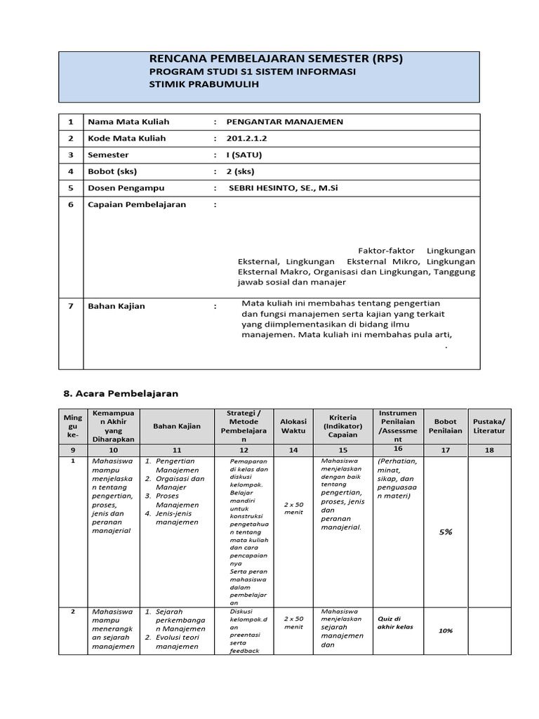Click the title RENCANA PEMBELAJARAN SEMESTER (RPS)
pyautogui.click(x=277, y=59)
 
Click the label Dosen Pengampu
pyautogui.click(x=121, y=187)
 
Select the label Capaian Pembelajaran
pyautogui.click(x=136, y=204)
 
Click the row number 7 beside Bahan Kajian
pyautogui.click(x=70, y=307)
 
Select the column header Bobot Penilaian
pyautogui.click(x=445, y=426)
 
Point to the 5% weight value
pyautogui.click(x=445, y=532)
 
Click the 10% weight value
pyautogui.click(x=445, y=631)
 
